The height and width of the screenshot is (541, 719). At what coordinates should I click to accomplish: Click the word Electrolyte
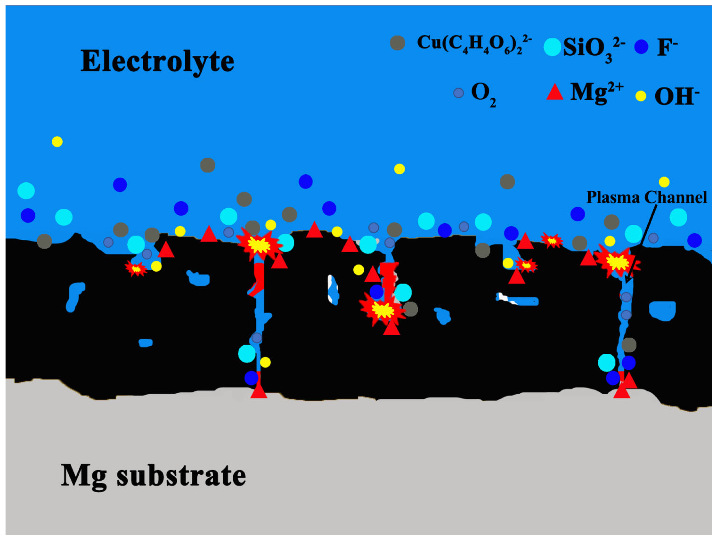[x=157, y=62]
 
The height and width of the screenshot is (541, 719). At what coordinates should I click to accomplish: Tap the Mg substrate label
[x=153, y=475]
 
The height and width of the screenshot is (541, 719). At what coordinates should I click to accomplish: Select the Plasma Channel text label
[x=646, y=197]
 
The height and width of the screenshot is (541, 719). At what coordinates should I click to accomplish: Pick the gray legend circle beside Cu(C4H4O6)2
[x=397, y=43]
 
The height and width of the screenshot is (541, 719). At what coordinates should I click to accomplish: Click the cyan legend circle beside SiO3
[x=552, y=47]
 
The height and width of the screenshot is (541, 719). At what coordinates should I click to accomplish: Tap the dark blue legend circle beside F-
[x=641, y=47]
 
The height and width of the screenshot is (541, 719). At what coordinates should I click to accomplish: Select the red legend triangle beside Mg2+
[x=554, y=92]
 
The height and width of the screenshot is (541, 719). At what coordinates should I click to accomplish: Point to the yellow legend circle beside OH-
[x=641, y=96]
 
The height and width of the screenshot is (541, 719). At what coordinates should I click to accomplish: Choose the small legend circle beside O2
[x=458, y=93]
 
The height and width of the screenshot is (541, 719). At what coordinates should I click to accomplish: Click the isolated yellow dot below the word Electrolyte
[x=57, y=142]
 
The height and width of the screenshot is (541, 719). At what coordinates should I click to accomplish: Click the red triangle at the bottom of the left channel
[x=259, y=391]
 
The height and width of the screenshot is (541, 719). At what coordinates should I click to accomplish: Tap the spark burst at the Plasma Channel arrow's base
[x=616, y=262]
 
